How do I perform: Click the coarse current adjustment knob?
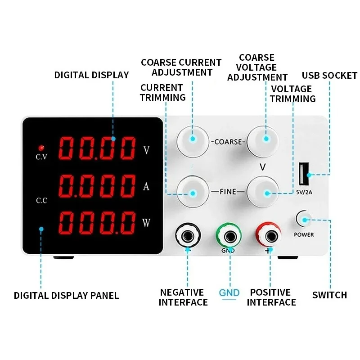(193, 139)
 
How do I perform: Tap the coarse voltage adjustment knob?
(265, 139)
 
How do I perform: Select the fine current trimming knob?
(193, 193)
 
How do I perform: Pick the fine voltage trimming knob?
(265, 193)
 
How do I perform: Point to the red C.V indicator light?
(41, 148)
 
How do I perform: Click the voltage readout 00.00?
(97, 149)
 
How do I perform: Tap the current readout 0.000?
(97, 185)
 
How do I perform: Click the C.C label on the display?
(41, 201)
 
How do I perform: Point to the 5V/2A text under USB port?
(305, 193)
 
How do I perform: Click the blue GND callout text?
(229, 292)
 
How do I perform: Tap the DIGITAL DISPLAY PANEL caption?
(66, 296)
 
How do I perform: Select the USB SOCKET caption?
(329, 76)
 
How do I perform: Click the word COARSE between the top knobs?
(229, 142)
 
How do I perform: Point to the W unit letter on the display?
(146, 222)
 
